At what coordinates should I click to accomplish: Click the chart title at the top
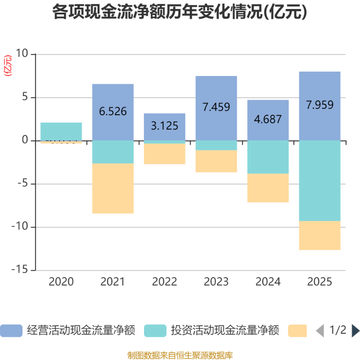[180, 12]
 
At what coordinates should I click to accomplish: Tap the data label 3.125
[164, 126]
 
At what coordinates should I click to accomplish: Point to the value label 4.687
[268, 119]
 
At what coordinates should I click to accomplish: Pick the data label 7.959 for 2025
[319, 105]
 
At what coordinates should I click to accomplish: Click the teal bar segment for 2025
[319, 180]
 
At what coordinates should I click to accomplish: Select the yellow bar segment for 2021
[113, 189]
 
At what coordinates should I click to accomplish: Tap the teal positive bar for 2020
[61, 131]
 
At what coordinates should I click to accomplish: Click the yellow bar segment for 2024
[268, 188]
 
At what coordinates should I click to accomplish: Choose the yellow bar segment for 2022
[164, 154]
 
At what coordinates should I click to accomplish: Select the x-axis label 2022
[164, 282]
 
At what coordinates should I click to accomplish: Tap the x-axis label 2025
[319, 282]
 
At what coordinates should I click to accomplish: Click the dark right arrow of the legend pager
[355, 330]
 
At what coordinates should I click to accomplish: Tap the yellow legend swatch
[297, 330]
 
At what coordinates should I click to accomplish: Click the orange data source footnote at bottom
[180, 355]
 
